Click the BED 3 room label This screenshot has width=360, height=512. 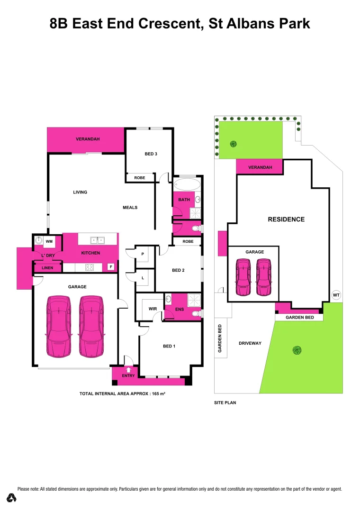click(x=151, y=154)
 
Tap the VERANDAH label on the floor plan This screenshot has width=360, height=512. click(x=86, y=139)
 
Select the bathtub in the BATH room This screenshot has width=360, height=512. click(x=187, y=184)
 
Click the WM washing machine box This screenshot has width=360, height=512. click(x=49, y=242)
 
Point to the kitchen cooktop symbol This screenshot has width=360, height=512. click(x=90, y=267)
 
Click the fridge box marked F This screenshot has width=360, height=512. click(x=111, y=267)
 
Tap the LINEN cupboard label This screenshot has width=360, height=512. click(x=47, y=268)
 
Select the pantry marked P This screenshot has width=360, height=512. click(x=143, y=254)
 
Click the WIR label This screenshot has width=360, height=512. click(x=153, y=309)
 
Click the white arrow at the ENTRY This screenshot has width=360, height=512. click(x=128, y=370)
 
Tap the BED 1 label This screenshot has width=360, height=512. click(x=169, y=346)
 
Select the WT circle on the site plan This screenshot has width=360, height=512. click(x=336, y=295)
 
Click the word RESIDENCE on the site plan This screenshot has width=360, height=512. click(x=286, y=219)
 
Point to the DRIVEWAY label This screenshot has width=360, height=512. click(x=250, y=343)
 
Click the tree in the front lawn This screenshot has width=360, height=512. click(x=297, y=350)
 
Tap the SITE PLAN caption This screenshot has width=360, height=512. click(x=225, y=402)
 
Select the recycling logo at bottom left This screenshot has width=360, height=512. click(x=12, y=498)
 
